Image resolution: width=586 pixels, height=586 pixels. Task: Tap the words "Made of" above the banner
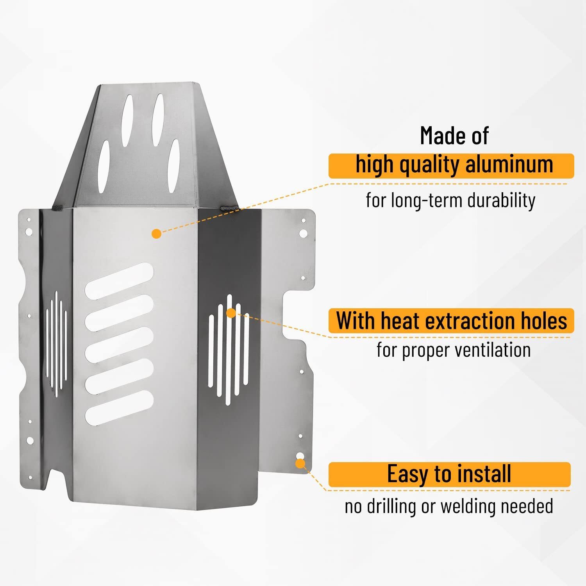point(454,136)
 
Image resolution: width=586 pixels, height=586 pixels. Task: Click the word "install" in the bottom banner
point(484,473)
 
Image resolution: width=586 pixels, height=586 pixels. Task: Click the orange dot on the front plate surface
point(156,234)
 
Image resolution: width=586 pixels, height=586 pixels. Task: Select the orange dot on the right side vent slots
point(231,313)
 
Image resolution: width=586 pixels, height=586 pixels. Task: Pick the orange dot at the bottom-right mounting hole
point(300,464)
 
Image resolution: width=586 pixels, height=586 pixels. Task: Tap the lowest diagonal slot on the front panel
point(119,408)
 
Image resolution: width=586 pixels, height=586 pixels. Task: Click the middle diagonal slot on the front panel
point(119,343)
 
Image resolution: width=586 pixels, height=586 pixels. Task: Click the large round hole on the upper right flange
point(303,234)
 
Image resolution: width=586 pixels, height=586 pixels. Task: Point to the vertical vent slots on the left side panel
point(57,344)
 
